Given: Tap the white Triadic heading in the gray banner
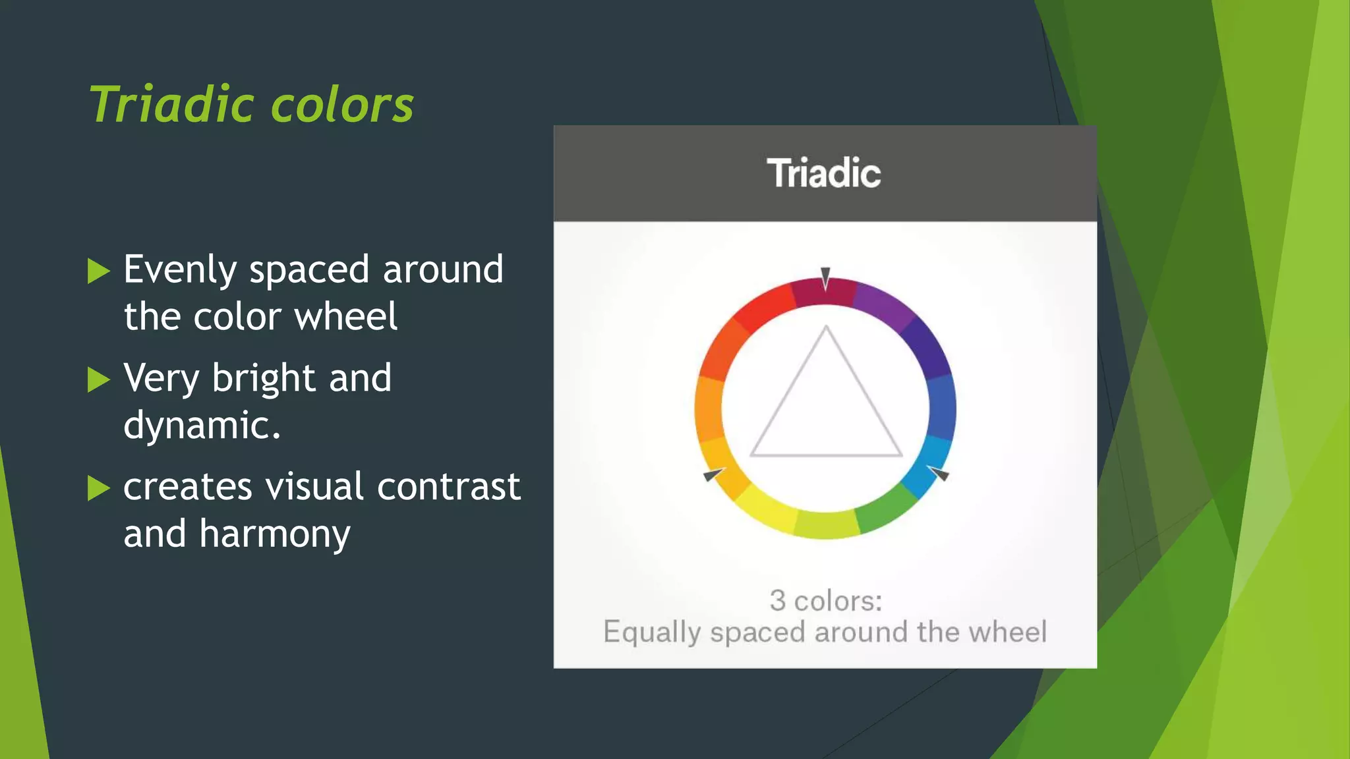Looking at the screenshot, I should [x=824, y=173].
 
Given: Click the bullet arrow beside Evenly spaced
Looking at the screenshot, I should [x=98, y=271].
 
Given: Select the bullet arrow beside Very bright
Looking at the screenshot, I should [x=98, y=379].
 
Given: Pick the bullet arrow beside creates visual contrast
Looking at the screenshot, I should [x=98, y=488].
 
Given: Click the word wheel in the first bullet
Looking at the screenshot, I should [x=345, y=316].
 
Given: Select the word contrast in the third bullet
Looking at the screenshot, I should [x=448, y=487].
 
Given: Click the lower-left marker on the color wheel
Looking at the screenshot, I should [x=713, y=474].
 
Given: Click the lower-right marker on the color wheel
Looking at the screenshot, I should [x=938, y=472].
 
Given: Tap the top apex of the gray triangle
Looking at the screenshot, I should [x=826, y=327].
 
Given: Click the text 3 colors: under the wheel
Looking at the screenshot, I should [x=825, y=601].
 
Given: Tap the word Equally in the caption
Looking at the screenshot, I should [x=652, y=632].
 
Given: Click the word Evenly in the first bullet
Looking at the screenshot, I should [x=180, y=270].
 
